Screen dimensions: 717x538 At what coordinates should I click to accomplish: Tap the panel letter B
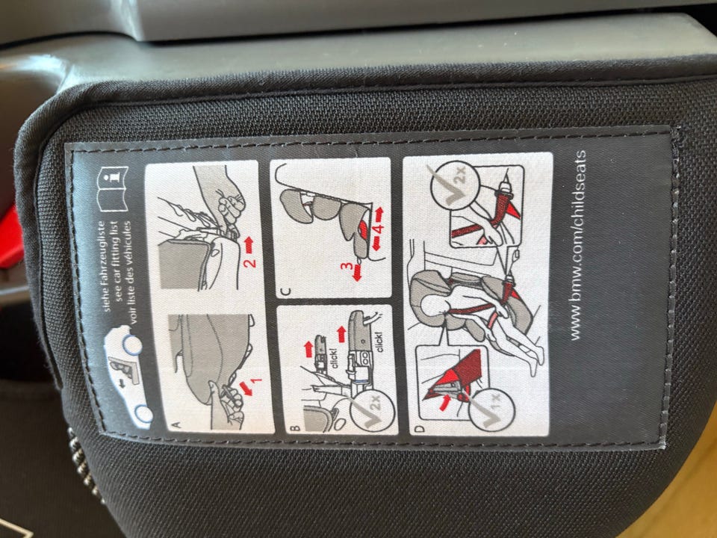pyautogui.click(x=295, y=428)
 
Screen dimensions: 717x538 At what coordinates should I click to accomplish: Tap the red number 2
pyautogui.click(x=249, y=263)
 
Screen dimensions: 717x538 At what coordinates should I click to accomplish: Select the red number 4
pyautogui.click(x=378, y=229)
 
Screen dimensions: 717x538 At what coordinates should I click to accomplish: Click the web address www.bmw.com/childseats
pyautogui.click(x=577, y=245)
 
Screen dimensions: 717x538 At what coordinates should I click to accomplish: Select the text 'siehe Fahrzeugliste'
pyautogui.click(x=106, y=266)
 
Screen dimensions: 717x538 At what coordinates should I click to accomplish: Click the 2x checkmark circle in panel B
pyautogui.click(x=373, y=409)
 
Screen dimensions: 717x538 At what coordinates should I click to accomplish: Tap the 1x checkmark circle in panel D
pyautogui.click(x=492, y=409)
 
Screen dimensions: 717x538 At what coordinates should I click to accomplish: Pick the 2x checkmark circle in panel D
pyautogui.click(x=455, y=185)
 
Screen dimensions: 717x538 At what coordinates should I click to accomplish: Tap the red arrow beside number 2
pyautogui.click(x=248, y=245)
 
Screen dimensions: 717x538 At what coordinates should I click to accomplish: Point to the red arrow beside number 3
pyautogui.click(x=357, y=273)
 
